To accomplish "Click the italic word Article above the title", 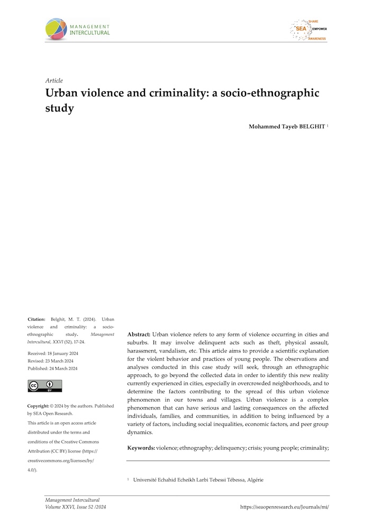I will coord(54,81).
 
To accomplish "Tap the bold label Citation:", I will coord(37,319).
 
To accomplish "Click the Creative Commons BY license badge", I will coord(44,386).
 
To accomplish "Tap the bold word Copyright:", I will coord(39,406).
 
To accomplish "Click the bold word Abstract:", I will coord(139,335).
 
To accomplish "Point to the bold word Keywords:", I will coord(141,448).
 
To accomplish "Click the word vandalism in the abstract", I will coord(177,351).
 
